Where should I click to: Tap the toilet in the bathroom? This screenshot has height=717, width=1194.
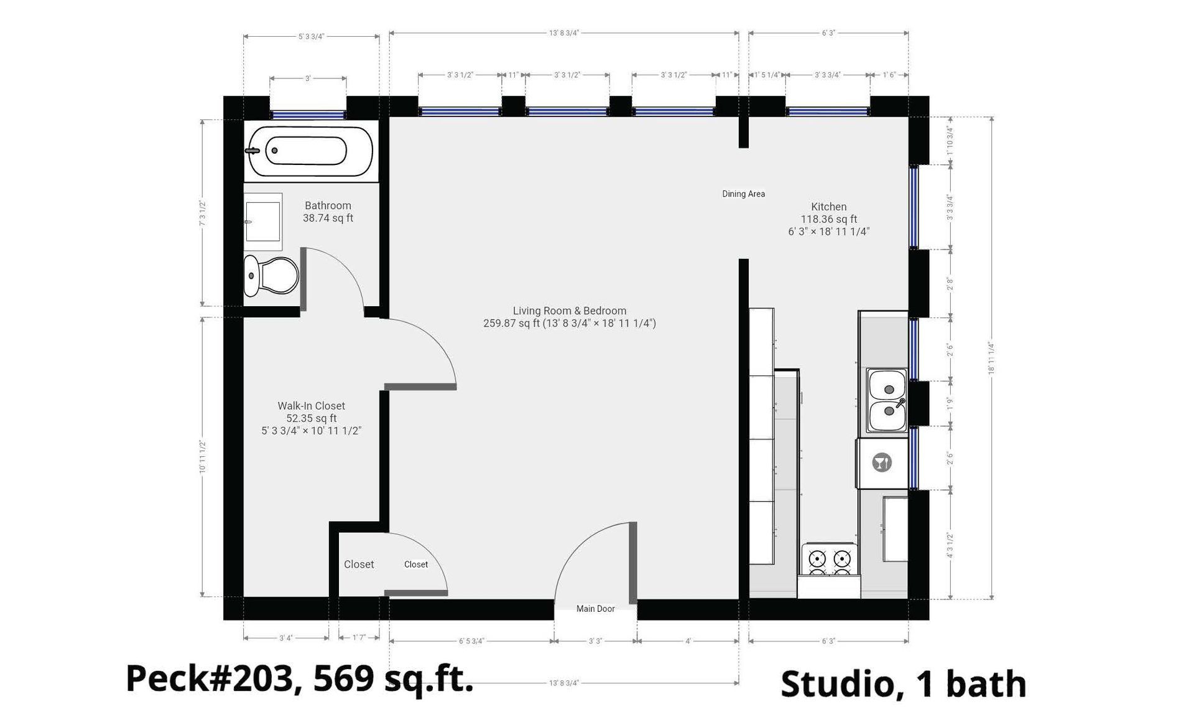click(271, 275)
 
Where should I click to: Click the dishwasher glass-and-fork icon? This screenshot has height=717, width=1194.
click(882, 462)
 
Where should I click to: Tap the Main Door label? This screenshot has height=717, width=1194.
click(595, 609)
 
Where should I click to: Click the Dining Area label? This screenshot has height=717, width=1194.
click(743, 194)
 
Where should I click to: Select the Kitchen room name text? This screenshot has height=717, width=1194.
click(828, 207)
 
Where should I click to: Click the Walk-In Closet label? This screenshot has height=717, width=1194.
click(311, 406)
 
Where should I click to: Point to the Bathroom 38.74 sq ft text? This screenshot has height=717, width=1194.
click(328, 212)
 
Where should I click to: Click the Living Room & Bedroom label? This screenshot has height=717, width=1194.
click(569, 311)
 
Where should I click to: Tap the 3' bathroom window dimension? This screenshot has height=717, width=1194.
click(308, 78)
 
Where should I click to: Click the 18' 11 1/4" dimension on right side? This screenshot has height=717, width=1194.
click(991, 358)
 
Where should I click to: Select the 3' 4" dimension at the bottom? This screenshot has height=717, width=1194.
click(285, 638)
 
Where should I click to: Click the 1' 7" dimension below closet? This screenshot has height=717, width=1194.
click(359, 638)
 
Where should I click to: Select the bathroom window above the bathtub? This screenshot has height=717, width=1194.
click(308, 115)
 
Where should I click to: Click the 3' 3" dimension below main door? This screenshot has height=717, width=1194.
click(595, 641)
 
